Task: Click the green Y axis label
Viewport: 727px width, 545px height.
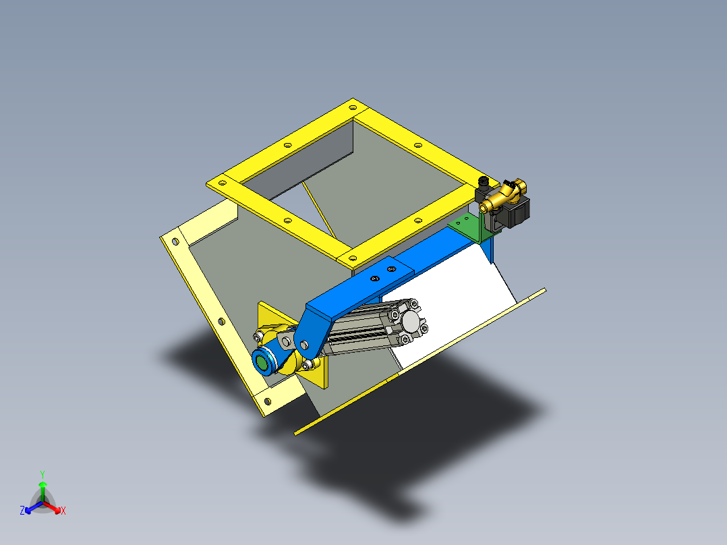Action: coord(42,474)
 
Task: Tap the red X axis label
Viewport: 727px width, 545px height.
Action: coord(63,511)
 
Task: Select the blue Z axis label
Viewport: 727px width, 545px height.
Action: coord(22,511)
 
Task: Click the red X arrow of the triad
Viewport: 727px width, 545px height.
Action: coord(54,506)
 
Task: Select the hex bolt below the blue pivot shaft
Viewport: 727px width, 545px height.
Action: coord(309,365)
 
